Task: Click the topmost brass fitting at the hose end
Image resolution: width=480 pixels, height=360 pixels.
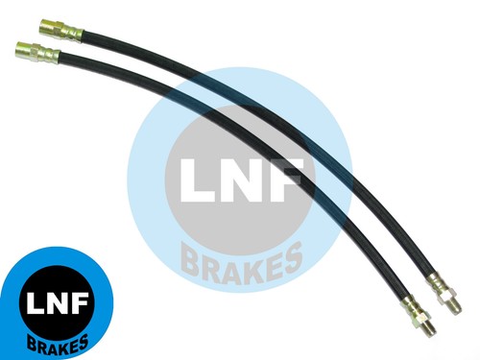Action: (x=61, y=30)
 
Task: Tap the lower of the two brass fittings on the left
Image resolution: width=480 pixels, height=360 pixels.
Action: (x=37, y=53)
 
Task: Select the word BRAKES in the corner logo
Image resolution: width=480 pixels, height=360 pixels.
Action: (x=58, y=344)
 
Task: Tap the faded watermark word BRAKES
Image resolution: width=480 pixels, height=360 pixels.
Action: (x=243, y=262)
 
